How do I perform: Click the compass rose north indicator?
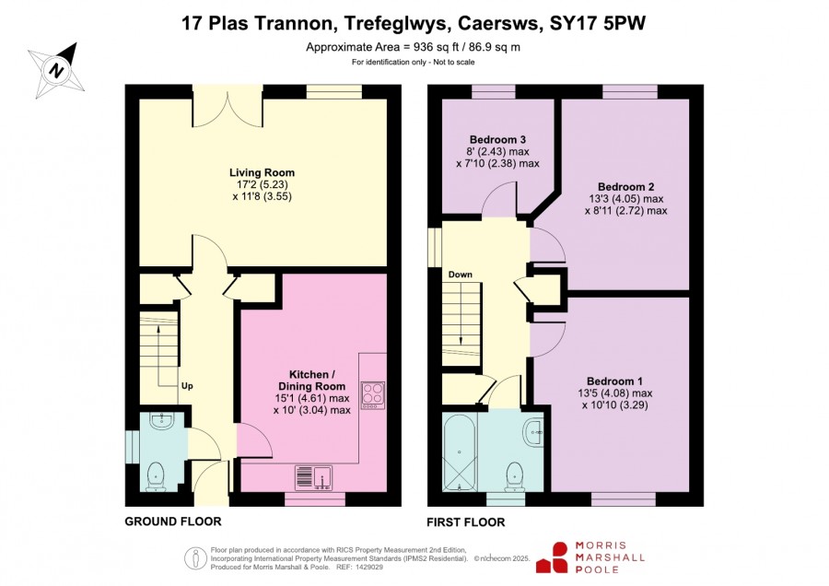[x=56, y=70]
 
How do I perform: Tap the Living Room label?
[x=262, y=172]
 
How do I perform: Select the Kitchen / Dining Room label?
[x=311, y=381]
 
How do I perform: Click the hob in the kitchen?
[x=373, y=395]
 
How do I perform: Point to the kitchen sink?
[x=313, y=477]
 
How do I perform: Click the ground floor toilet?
[x=156, y=475]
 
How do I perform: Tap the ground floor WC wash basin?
[x=160, y=421]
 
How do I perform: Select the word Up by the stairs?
[x=187, y=386]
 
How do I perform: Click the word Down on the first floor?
[x=460, y=275]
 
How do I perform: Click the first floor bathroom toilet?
[x=514, y=475]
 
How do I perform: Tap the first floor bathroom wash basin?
[x=534, y=432]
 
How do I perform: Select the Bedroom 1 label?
[x=614, y=381]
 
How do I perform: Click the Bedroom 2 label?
[x=626, y=187]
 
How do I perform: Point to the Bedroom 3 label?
[x=497, y=140]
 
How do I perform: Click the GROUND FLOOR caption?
[x=173, y=522]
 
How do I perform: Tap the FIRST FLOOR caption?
[x=466, y=522]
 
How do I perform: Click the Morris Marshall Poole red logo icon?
[x=553, y=557]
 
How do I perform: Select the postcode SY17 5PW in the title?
[x=598, y=23]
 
